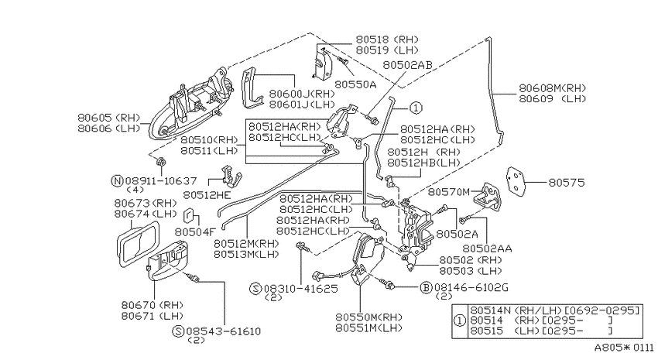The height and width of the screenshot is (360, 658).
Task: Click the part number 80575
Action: point(567,183)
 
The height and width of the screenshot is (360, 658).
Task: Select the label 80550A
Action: point(355,84)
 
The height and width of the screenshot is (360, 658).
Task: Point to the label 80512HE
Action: point(207,194)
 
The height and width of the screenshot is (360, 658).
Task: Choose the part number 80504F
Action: point(195,232)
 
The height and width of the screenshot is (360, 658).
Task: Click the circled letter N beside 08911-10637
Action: point(117,181)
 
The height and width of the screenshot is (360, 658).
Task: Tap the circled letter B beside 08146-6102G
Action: point(426,287)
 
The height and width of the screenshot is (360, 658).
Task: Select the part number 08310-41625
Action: point(300,289)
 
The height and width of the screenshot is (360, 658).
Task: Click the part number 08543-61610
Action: point(223,331)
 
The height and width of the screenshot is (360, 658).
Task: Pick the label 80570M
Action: point(448,192)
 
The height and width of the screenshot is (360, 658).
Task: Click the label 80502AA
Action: point(487,249)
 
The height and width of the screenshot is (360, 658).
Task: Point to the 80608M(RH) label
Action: point(552,88)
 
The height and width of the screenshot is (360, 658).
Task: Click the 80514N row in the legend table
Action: point(555,310)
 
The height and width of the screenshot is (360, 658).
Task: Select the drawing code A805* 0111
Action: point(624,348)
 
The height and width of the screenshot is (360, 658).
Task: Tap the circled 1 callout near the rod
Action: point(416,108)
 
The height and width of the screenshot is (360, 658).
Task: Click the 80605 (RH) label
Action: point(108,118)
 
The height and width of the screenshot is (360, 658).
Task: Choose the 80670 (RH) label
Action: point(153,305)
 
